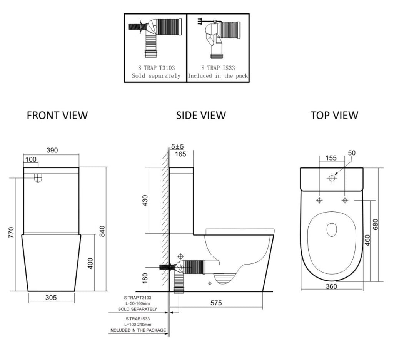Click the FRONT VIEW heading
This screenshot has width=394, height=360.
click(57, 115)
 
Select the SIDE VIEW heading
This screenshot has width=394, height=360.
click(201, 115)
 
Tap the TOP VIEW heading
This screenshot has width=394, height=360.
click(334, 115)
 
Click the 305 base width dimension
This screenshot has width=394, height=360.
click(51, 297)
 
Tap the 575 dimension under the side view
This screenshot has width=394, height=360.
click(216, 303)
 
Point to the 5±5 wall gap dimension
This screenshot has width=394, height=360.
click(177, 147)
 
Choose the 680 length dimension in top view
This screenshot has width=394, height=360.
click(376, 225)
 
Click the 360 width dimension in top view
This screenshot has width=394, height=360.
click(331, 286)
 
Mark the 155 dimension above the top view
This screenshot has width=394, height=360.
click(331, 158)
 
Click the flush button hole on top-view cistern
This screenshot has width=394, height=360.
click(332, 178)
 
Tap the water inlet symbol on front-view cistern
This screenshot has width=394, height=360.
click(38, 178)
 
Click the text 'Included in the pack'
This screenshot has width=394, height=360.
click(218, 76)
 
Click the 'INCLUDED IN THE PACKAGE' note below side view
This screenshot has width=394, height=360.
click(137, 330)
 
